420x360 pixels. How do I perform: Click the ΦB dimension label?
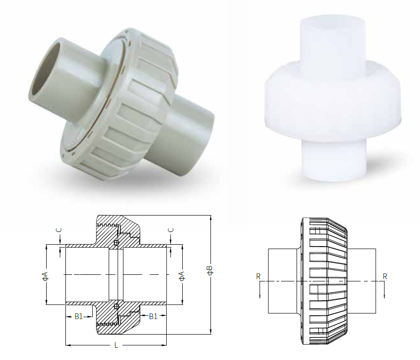point(210,270)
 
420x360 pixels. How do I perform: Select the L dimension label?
point(116,345)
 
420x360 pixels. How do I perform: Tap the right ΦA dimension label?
point(182,276)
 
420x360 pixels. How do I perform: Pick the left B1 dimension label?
point(79,317)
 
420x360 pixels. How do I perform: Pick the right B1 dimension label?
point(153,317)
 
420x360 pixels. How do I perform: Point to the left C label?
point(59,230)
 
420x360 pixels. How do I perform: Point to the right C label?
point(171,230)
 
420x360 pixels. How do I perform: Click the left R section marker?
point(258,277)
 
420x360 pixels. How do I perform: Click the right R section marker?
point(385,277)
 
